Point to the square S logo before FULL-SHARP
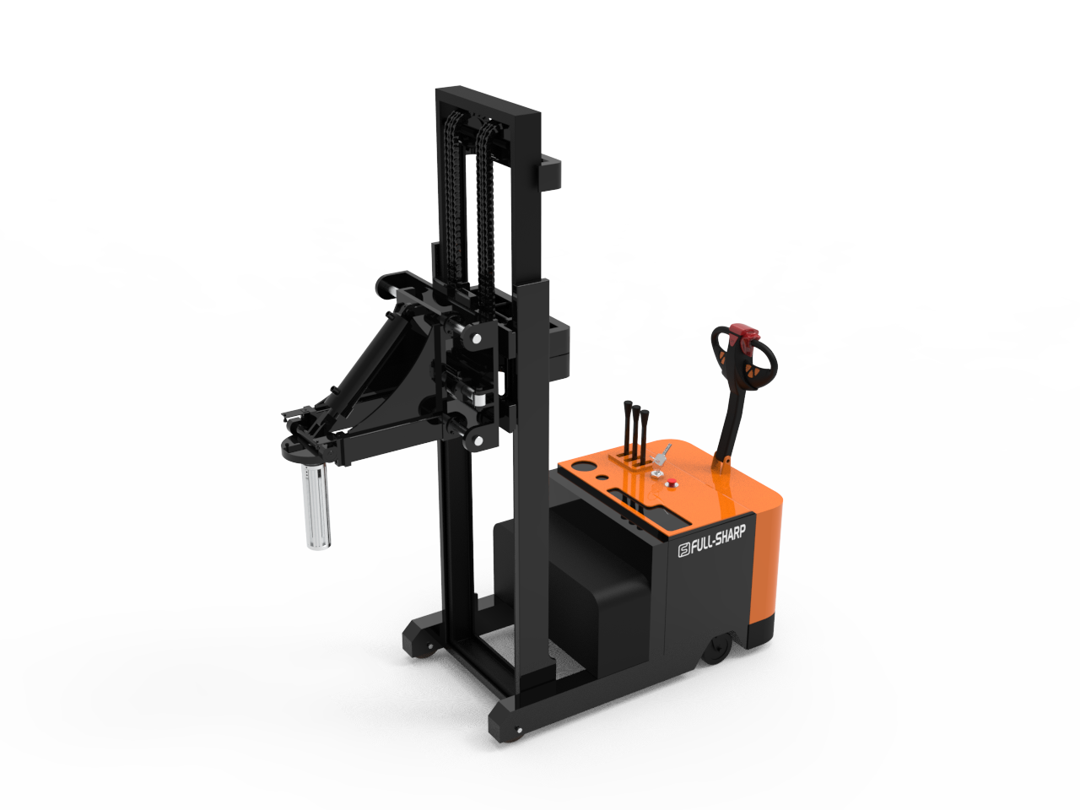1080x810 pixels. [x=684, y=550]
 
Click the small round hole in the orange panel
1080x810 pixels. [x=602, y=477]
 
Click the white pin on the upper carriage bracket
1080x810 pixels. [x=476, y=338]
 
